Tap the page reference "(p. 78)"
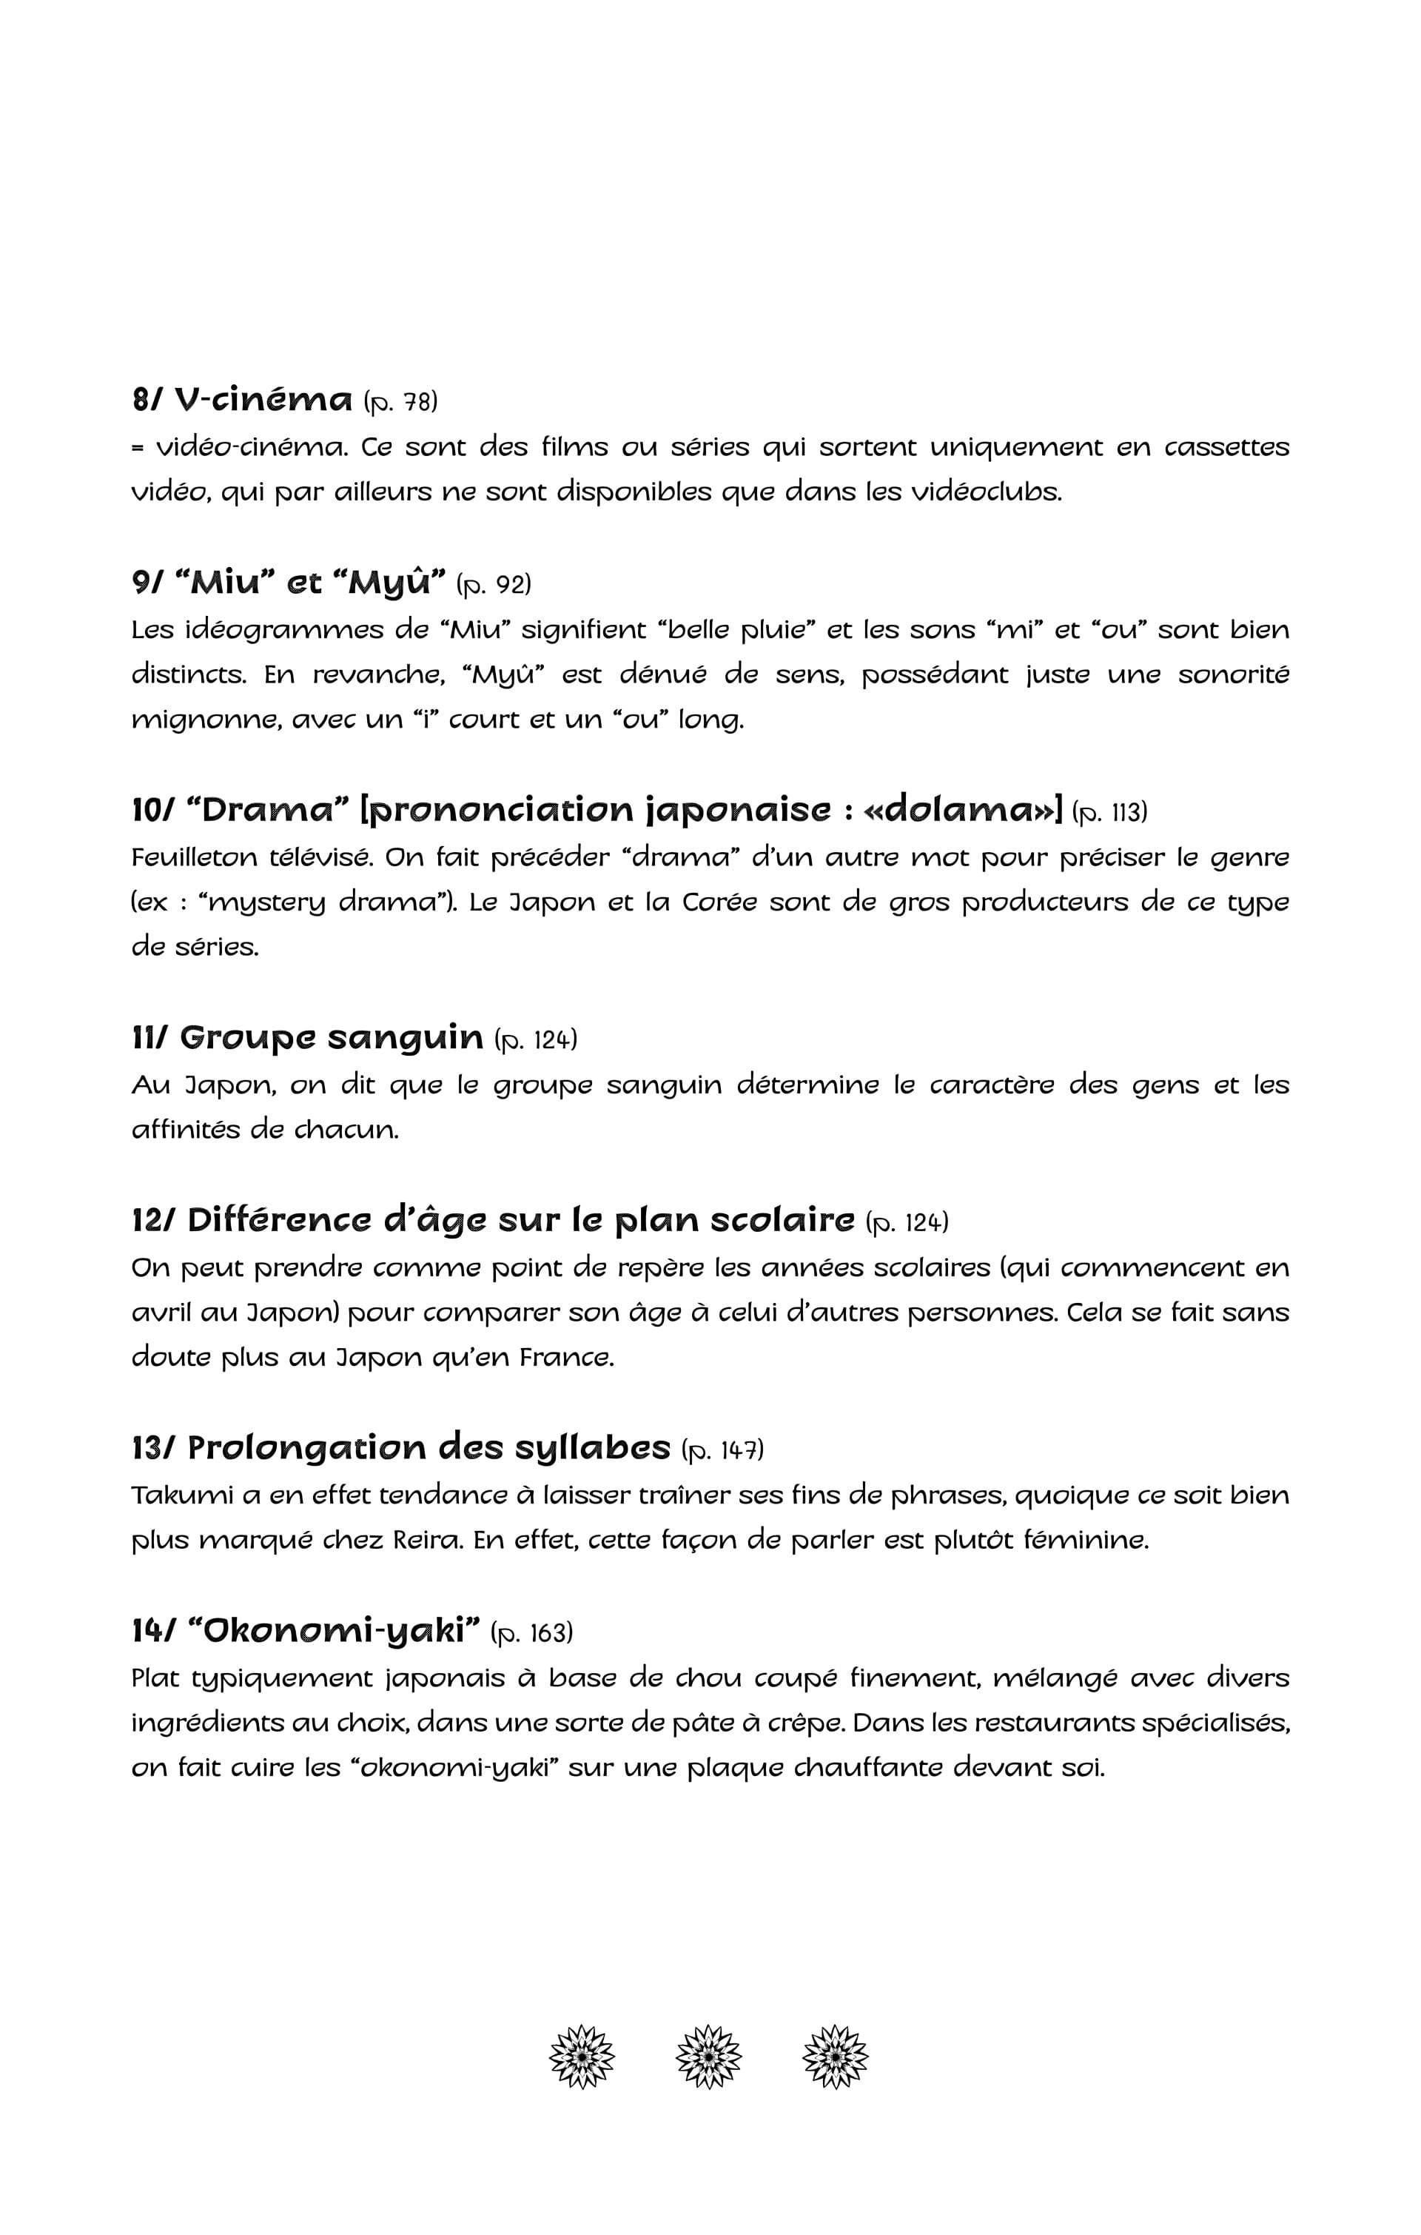pos(400,402)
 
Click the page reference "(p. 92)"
pos(494,585)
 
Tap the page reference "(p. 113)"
pos(1109,812)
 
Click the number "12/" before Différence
pos(153,1221)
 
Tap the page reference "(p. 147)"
pos(722,1449)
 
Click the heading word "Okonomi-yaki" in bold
pos(333,1631)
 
